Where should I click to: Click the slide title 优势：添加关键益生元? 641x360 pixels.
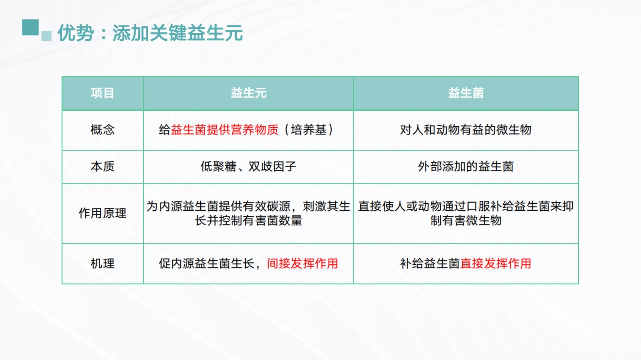coord(150,33)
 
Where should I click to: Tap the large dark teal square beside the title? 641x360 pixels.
coord(30,28)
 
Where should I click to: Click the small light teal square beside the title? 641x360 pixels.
coord(46,36)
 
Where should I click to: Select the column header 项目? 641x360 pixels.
coord(103,93)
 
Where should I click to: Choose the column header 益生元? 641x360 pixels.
coord(248,93)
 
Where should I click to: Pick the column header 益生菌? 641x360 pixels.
coord(466,93)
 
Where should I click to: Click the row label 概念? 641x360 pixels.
coord(103,130)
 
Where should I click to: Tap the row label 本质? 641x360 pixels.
coord(103,167)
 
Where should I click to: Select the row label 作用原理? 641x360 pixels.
coord(103,213)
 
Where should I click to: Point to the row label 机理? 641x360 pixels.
coord(103,263)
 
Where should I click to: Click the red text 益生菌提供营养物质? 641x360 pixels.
coord(225,130)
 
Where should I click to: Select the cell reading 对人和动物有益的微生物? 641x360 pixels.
coord(466,130)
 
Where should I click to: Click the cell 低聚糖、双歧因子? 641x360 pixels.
coord(248,167)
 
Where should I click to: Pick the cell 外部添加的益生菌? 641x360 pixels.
coord(466,167)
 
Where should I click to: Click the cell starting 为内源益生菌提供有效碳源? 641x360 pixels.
coord(248,213)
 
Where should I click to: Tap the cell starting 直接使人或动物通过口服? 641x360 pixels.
coord(466,213)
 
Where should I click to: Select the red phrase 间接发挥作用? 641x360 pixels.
coord(302,263)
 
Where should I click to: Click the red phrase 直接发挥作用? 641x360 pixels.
coord(496,263)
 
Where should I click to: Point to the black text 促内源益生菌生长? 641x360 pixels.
coord(207,263)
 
